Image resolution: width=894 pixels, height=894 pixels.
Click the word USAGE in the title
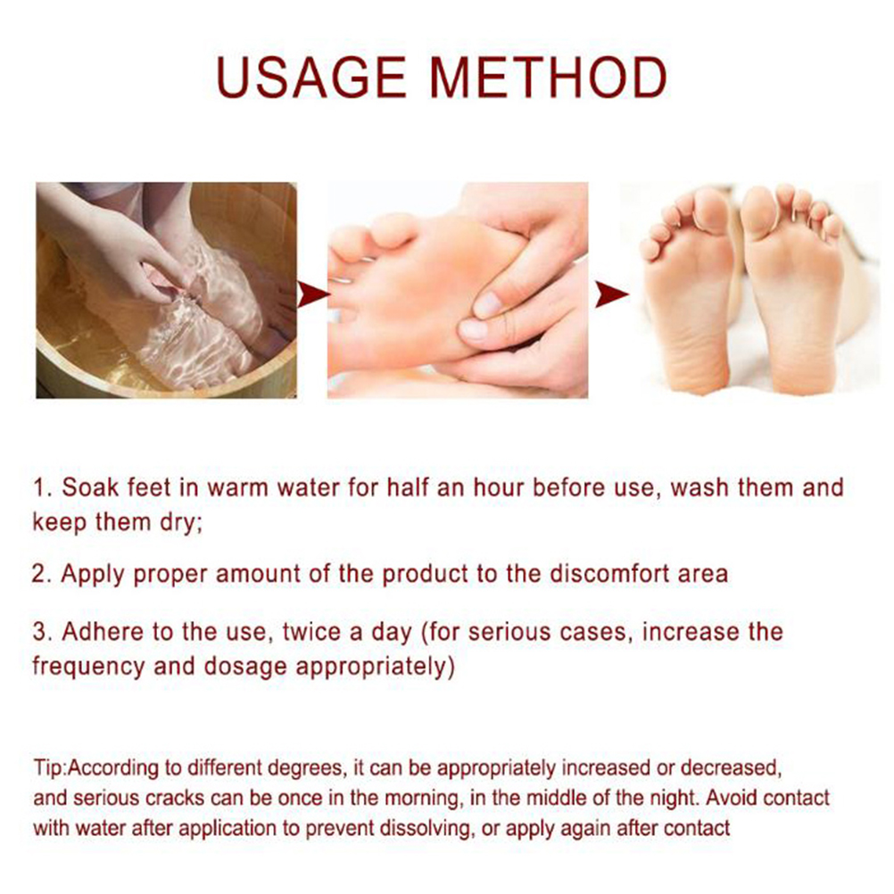(x=311, y=78)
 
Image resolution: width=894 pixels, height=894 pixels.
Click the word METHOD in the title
(x=549, y=78)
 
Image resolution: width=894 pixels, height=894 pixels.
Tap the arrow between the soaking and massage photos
(x=313, y=294)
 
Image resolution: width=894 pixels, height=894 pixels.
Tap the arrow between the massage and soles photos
(x=612, y=294)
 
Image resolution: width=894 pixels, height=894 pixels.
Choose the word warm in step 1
(x=237, y=489)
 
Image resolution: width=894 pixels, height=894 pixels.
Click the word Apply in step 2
(x=93, y=575)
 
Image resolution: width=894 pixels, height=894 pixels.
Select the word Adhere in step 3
(x=103, y=632)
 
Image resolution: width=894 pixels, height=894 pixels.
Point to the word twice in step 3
(x=311, y=632)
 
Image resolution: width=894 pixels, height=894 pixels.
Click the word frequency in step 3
(x=88, y=667)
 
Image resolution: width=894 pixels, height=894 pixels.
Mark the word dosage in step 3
(x=245, y=667)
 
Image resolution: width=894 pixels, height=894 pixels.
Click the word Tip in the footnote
(x=48, y=768)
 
